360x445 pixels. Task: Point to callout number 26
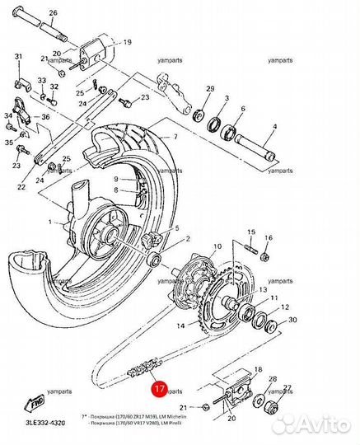54,14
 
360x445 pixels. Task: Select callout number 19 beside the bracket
127,41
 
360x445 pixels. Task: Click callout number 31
19,56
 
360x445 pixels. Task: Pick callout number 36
46,117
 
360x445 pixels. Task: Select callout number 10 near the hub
217,246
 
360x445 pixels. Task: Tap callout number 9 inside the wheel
116,179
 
